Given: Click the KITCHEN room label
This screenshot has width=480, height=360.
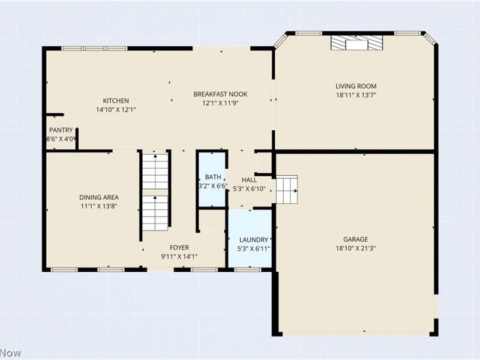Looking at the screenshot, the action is (116, 101).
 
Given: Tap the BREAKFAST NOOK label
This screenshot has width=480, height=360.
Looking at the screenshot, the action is (220, 94).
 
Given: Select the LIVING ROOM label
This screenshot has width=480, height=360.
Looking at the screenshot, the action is (356, 86).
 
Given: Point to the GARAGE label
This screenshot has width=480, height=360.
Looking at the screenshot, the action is (355, 239).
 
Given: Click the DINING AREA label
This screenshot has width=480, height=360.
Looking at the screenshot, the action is (99, 197).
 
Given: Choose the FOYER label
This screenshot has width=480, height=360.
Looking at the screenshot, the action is (179, 248).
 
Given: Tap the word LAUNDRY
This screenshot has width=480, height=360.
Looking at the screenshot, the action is (254, 240).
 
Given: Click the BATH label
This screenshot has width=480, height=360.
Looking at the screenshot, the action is (213, 177).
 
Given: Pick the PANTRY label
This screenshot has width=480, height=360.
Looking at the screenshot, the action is (61, 130).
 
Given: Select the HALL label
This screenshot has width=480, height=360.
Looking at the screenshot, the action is (249, 179).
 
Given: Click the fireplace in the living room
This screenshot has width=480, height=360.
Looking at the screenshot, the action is (357, 43).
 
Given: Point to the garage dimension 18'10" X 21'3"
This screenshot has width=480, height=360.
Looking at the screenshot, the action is (356, 248).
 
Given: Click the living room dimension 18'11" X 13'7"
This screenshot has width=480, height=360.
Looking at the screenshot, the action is (356, 95).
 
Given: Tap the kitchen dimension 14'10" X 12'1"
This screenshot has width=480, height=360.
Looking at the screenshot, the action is (116, 110).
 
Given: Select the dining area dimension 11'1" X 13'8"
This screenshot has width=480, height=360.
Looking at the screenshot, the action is (99, 206).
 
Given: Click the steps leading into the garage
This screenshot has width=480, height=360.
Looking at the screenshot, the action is (287, 190).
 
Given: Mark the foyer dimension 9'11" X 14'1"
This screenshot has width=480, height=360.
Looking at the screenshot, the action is (179, 257).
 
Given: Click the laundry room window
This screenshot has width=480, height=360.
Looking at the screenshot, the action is (247, 269).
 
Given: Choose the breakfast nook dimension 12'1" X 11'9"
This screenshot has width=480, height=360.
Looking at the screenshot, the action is (220, 103).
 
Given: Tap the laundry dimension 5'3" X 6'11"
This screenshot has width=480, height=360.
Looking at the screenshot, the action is (254, 249).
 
